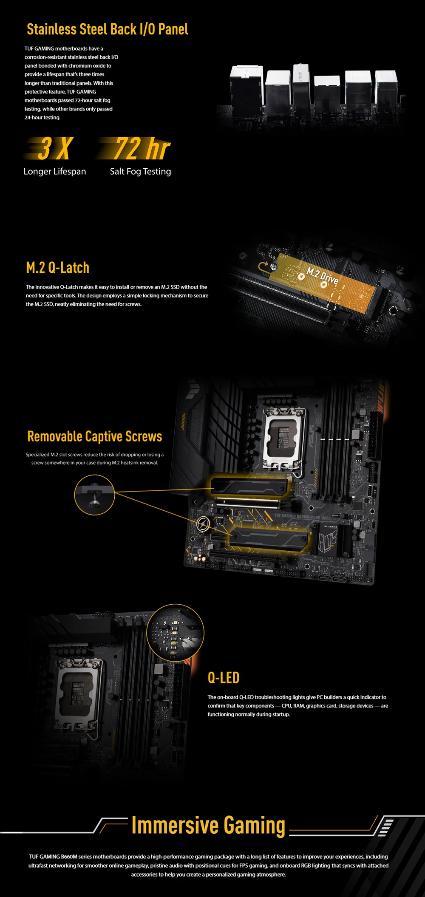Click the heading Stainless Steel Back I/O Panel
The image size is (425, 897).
click(108, 29)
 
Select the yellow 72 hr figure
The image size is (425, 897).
click(135, 148)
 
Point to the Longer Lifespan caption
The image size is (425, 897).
click(55, 172)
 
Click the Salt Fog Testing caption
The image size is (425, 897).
click(141, 172)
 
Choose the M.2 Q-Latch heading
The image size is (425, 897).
click(58, 268)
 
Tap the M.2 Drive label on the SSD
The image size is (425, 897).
click(323, 276)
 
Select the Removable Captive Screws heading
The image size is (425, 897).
click(95, 436)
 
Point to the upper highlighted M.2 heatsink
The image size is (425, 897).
click(249, 486)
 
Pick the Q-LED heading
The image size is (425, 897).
click(224, 678)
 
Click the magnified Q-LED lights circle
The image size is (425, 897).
click(175, 633)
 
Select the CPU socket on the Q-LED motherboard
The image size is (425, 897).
click(79, 693)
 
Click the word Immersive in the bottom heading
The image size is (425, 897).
click(176, 825)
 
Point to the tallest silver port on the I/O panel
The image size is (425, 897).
click(301, 85)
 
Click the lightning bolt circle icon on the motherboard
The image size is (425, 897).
click(203, 524)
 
